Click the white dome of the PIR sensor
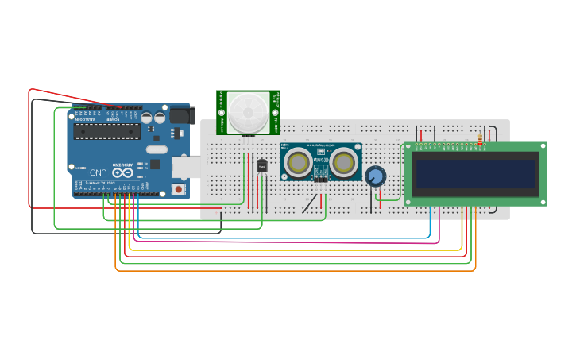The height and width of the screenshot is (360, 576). pyautogui.click(x=248, y=111)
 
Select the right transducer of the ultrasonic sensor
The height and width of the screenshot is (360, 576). pyautogui.click(x=343, y=162)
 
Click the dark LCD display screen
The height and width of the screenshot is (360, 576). pyautogui.click(x=474, y=173)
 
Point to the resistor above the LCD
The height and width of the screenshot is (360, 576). pyautogui.click(x=481, y=141)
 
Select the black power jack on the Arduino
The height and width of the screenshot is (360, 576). pyautogui.click(x=180, y=116)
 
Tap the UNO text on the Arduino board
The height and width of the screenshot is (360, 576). pyautogui.click(x=98, y=172)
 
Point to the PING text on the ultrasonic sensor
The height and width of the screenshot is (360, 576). pyautogui.click(x=320, y=160)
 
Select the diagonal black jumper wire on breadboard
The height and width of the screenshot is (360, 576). pyautogui.click(x=309, y=204)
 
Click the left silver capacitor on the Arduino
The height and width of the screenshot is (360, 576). pyautogui.click(x=147, y=118)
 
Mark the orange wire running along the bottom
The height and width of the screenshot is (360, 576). pyautogui.click(x=294, y=271)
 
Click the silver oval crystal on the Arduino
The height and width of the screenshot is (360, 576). pyautogui.click(x=157, y=149)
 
